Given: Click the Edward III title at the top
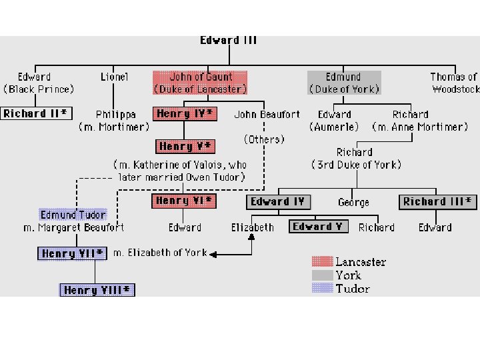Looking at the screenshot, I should pyautogui.click(x=229, y=41).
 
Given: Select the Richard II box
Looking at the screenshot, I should pyautogui.click(x=35, y=113).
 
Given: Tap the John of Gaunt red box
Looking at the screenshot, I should pyautogui.click(x=201, y=83).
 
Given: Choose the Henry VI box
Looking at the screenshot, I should pyautogui.click(x=184, y=201).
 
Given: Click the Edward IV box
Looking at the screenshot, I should pyautogui.click(x=278, y=202).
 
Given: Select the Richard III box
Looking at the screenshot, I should pyautogui.click(x=438, y=201).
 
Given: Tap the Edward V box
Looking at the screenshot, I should pyautogui.click(x=318, y=227).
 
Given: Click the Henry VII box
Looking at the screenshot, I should pyautogui.click(x=73, y=253).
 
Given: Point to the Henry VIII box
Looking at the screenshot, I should pyautogui.click(x=97, y=290).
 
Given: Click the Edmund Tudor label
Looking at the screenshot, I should pyautogui.click(x=73, y=215).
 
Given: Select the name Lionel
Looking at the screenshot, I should pyautogui.click(x=114, y=77).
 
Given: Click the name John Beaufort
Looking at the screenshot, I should pyautogui.click(x=267, y=115).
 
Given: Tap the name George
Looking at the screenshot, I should pyautogui.click(x=353, y=202).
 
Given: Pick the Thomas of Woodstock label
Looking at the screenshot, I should pyautogui.click(x=455, y=83).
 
